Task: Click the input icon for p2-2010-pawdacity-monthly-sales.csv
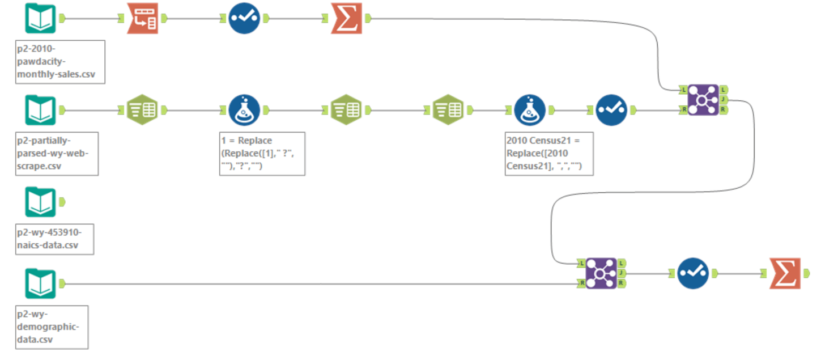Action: click(x=40, y=19)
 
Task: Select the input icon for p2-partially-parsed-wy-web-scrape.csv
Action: click(x=40, y=110)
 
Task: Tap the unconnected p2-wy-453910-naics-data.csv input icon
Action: click(x=40, y=202)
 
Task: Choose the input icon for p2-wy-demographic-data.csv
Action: click(x=40, y=283)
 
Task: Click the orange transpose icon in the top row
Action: click(x=142, y=19)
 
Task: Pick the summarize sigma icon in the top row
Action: click(x=346, y=19)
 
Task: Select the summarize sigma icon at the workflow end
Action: click(x=785, y=273)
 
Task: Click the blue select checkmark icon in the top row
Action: click(x=244, y=19)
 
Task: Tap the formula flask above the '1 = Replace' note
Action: click(x=244, y=110)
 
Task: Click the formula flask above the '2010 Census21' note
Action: click(x=530, y=110)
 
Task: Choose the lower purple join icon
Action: click(x=601, y=273)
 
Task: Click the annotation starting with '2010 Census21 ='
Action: click(x=548, y=154)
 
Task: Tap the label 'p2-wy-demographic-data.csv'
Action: click(x=52, y=327)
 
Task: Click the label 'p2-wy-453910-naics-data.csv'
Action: click(x=54, y=239)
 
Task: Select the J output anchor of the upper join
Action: click(x=724, y=99)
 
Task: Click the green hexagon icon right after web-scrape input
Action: click(x=142, y=110)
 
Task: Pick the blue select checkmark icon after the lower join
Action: click(x=693, y=273)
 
